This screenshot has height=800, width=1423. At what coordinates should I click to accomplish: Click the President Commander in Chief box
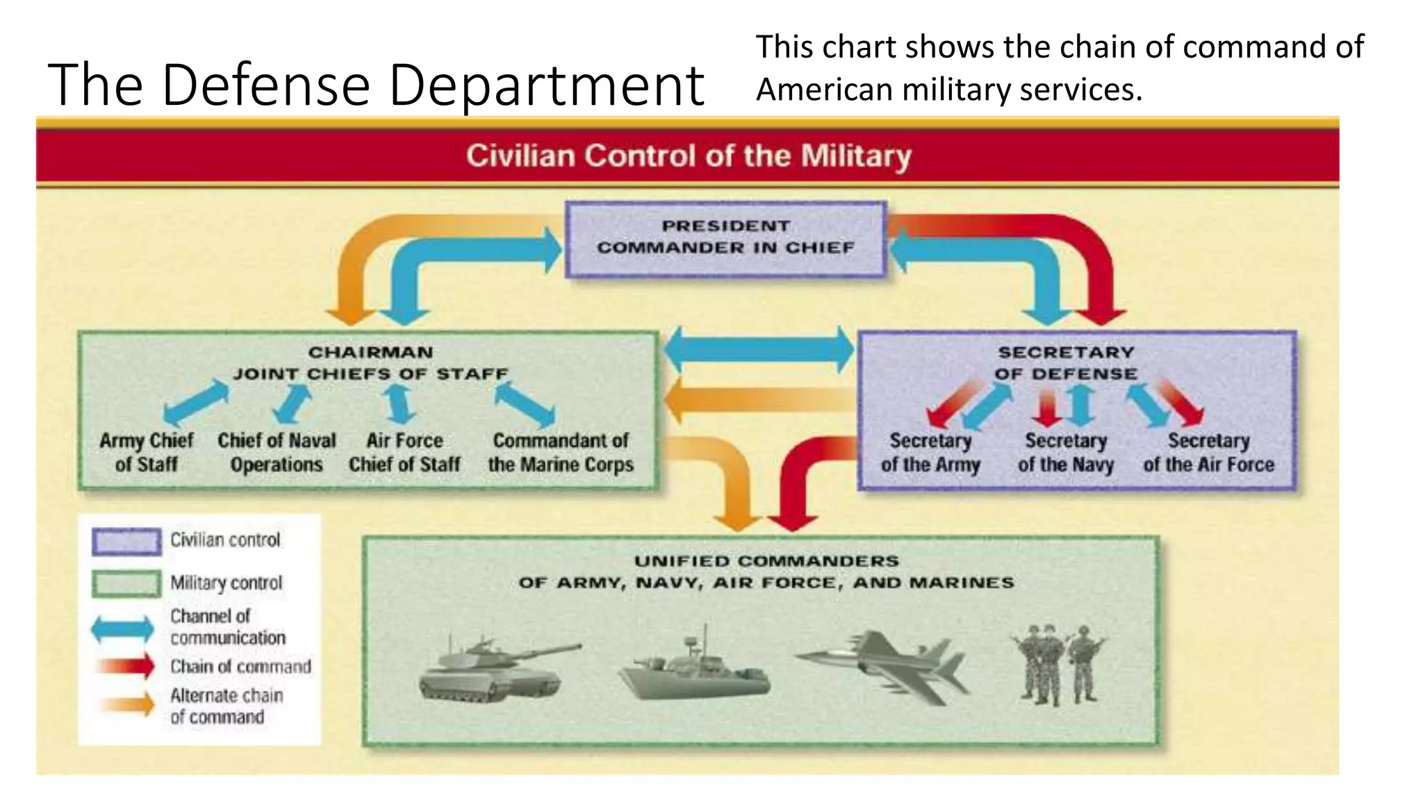point(725,238)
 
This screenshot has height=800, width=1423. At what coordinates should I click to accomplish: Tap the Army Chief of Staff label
point(147,452)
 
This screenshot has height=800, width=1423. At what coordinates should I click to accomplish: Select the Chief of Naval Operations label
point(277,452)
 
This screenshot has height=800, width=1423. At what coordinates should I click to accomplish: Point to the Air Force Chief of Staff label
point(404,452)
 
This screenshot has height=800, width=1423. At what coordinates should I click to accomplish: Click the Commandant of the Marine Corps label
point(561,452)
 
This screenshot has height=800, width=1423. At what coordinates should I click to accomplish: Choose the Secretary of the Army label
point(930,452)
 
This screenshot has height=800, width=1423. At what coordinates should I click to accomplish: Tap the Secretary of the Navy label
point(1066,452)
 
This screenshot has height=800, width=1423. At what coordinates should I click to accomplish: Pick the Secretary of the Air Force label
point(1209,452)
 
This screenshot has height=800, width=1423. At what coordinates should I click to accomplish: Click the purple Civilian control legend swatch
point(126,541)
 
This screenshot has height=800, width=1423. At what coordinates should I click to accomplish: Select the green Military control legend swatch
point(126,584)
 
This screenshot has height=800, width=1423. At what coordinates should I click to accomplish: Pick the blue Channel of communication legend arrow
point(123,628)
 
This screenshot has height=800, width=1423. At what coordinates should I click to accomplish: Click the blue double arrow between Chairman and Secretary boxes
point(758,349)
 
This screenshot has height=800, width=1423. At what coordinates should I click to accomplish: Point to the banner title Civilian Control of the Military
point(688,156)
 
